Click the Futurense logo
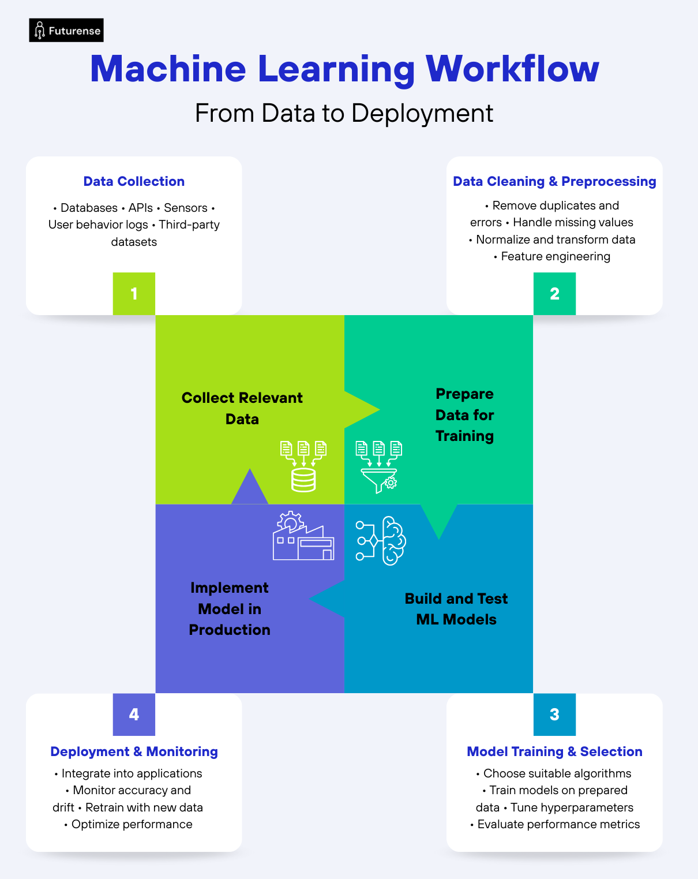66,31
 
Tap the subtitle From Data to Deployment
344,113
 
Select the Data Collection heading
134,181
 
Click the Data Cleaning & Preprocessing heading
554,181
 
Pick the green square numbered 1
134,294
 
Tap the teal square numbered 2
554,294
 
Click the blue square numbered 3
554,715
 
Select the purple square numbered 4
134,715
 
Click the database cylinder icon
303,480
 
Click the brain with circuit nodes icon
381,541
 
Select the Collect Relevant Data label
242,408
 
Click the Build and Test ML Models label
456,609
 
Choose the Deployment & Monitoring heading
134,751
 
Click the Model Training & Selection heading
554,751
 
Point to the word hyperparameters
572,807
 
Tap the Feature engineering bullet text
556,256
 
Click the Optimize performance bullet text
132,824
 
